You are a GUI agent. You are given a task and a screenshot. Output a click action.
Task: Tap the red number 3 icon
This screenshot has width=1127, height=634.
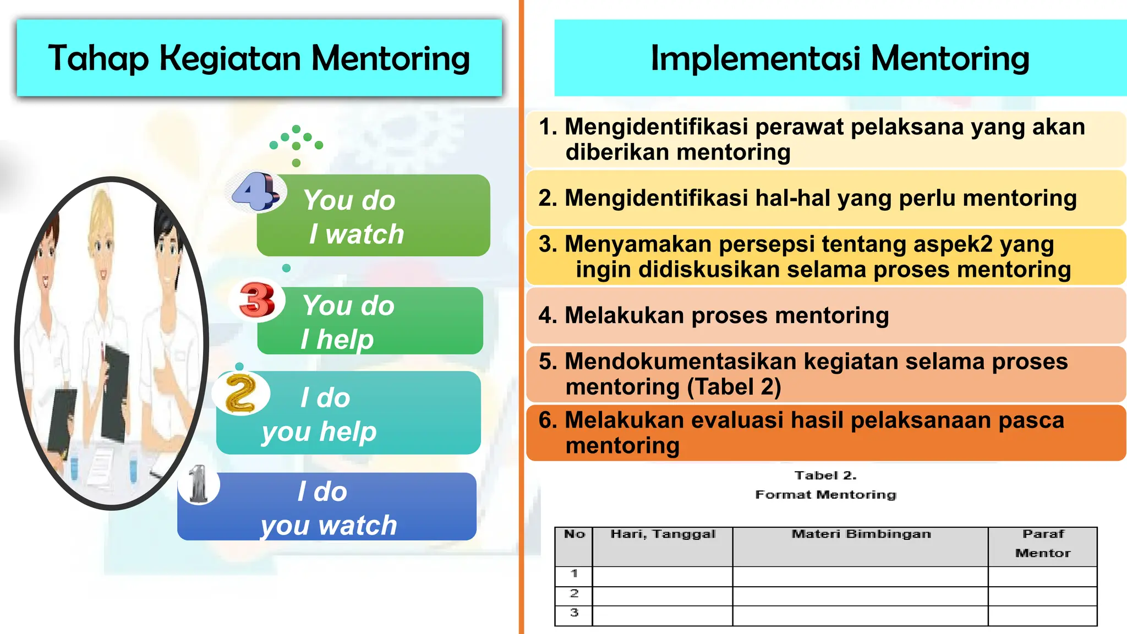pos(257,300)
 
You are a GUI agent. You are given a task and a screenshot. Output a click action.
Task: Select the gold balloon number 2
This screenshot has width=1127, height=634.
pos(241,393)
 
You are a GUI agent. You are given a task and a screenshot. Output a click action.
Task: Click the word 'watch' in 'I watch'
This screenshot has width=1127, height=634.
pos(364,234)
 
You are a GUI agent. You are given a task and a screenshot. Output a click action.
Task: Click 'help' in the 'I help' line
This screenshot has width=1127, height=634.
pos(345,339)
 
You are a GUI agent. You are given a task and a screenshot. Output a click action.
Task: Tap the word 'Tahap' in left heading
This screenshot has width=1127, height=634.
pos(98,58)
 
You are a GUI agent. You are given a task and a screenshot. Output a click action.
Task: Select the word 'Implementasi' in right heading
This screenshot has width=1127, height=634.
pos(756,58)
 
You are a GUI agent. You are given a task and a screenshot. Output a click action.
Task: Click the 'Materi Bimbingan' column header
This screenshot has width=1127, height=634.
pos(861,534)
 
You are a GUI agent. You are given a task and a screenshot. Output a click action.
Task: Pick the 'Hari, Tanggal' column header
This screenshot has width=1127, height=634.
pos(663,534)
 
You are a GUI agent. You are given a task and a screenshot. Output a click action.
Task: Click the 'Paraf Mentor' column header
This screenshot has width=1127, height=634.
pos(1043,543)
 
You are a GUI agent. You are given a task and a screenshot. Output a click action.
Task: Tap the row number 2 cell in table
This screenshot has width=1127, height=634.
pos(574,593)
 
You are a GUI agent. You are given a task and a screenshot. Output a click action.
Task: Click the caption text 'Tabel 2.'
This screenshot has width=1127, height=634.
pos(825,475)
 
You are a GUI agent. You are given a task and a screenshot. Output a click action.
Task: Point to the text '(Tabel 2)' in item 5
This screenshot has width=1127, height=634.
pos(734,387)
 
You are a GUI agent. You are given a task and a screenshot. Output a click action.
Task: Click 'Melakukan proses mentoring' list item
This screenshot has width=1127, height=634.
pos(713,316)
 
